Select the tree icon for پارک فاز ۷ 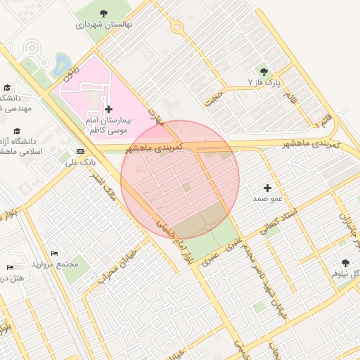(x=264, y=72)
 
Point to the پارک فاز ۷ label (x=264, y=82)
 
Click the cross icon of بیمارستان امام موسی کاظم (x=108, y=109)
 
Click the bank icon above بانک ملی (x=80, y=151)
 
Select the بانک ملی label (x=80, y=162)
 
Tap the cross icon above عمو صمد (x=267, y=188)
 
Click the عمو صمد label (x=267, y=199)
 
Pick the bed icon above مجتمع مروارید (x=55, y=253)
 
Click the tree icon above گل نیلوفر (x=344, y=262)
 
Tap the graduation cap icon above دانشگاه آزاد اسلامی (x=17, y=131)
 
